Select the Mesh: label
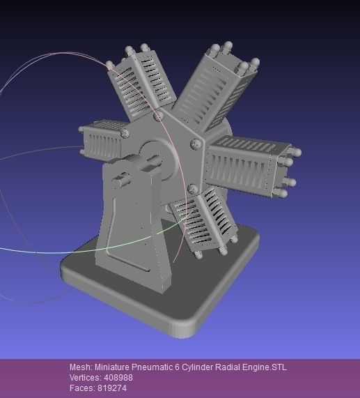[x=80, y=367]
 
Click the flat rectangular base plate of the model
[x=181, y=310]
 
